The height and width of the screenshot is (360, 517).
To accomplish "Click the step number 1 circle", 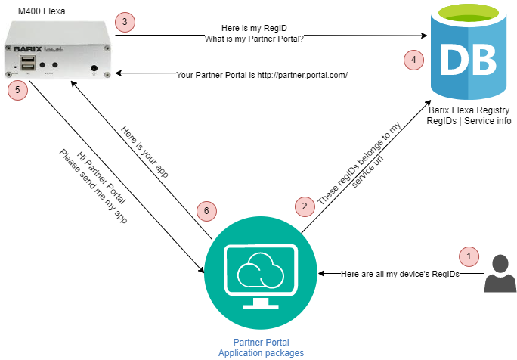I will (x=469, y=256).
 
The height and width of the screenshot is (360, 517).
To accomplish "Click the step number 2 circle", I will (x=304, y=206).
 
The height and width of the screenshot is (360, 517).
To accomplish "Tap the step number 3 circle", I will (x=125, y=23).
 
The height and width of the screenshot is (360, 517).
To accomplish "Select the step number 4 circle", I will (x=413, y=61).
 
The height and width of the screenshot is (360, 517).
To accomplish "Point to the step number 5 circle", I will (x=17, y=90).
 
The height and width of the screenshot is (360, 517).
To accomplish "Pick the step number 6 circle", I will (x=204, y=210).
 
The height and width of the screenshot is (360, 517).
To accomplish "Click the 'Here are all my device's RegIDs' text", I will (x=389, y=273).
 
